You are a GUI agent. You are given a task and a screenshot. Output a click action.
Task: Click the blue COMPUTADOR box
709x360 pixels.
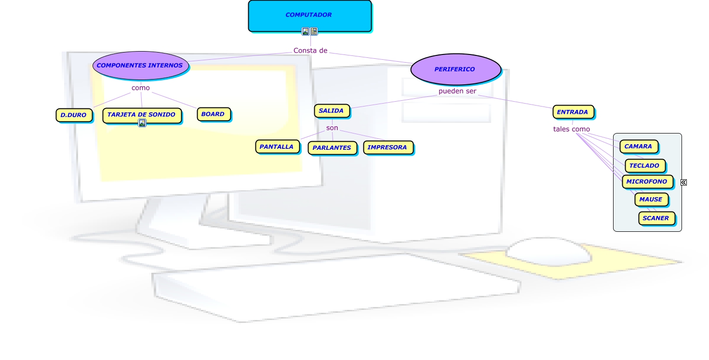click(309, 15)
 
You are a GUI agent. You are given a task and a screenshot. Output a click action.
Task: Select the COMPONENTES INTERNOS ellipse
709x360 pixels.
click(140, 65)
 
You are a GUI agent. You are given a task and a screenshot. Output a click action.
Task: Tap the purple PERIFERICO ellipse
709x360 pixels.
click(455, 69)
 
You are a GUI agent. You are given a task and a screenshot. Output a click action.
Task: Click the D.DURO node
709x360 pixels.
click(74, 115)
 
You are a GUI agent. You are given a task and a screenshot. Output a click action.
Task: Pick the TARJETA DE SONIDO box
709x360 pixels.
click(142, 115)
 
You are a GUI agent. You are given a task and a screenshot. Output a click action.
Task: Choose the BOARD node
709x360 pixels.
click(213, 114)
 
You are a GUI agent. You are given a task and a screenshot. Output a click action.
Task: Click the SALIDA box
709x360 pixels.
click(331, 111)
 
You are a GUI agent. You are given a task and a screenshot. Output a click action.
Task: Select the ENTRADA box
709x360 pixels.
click(573, 112)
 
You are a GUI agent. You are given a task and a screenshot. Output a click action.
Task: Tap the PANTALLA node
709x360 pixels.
click(277, 147)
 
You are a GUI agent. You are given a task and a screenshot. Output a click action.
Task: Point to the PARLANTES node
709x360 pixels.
click(332, 147)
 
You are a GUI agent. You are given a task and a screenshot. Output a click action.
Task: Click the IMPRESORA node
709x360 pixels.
click(388, 147)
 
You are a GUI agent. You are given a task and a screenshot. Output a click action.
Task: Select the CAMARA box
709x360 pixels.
click(638, 146)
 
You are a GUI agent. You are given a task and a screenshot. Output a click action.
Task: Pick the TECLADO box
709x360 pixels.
click(644, 165)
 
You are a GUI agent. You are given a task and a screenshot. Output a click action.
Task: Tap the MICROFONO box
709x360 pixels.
click(647, 182)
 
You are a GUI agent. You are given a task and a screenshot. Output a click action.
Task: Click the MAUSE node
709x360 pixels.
click(651, 199)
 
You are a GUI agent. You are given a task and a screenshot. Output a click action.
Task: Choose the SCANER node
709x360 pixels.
click(656, 218)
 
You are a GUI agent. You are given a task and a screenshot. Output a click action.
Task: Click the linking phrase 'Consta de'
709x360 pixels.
click(310, 51)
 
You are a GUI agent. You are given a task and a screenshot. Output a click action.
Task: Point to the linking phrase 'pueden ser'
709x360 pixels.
click(457, 91)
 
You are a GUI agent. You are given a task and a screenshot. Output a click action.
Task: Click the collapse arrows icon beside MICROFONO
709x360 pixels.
click(683, 182)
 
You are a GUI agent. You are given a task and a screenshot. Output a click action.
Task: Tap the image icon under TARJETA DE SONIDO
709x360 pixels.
click(142, 123)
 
